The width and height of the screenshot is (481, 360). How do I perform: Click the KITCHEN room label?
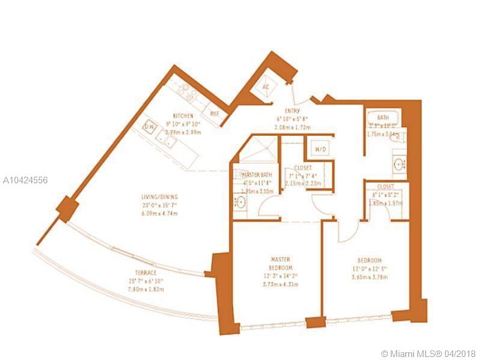pyautogui.click(x=183, y=115)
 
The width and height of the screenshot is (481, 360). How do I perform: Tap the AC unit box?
pyautogui.click(x=266, y=87)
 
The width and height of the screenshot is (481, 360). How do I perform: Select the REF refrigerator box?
pyautogui.click(x=214, y=112)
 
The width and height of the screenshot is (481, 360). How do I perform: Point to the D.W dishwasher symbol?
pyautogui.click(x=150, y=127)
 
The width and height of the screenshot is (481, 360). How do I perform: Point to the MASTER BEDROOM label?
pyautogui.click(x=281, y=263)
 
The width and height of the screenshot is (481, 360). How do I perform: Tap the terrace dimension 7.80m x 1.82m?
pyautogui.click(x=146, y=289)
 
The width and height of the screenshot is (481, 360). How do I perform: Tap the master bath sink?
pyautogui.click(x=239, y=203)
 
